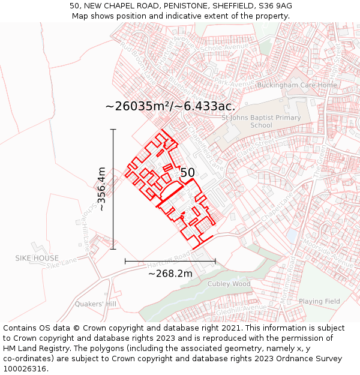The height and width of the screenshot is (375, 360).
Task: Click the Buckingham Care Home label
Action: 296,85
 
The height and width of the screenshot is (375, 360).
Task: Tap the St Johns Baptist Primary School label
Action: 261,122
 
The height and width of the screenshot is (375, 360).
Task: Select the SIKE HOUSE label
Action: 37,258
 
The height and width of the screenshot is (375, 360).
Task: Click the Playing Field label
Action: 319,301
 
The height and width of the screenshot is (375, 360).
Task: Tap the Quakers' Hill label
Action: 95,304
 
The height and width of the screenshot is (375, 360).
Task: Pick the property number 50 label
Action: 187,173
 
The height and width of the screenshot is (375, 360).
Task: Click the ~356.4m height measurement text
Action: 101,189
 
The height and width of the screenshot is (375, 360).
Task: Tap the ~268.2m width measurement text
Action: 170,274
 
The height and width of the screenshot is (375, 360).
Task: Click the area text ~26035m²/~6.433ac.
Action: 170,106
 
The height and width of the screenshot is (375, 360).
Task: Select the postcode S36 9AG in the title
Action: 274,5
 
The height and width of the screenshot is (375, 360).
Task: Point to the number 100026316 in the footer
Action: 23,369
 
